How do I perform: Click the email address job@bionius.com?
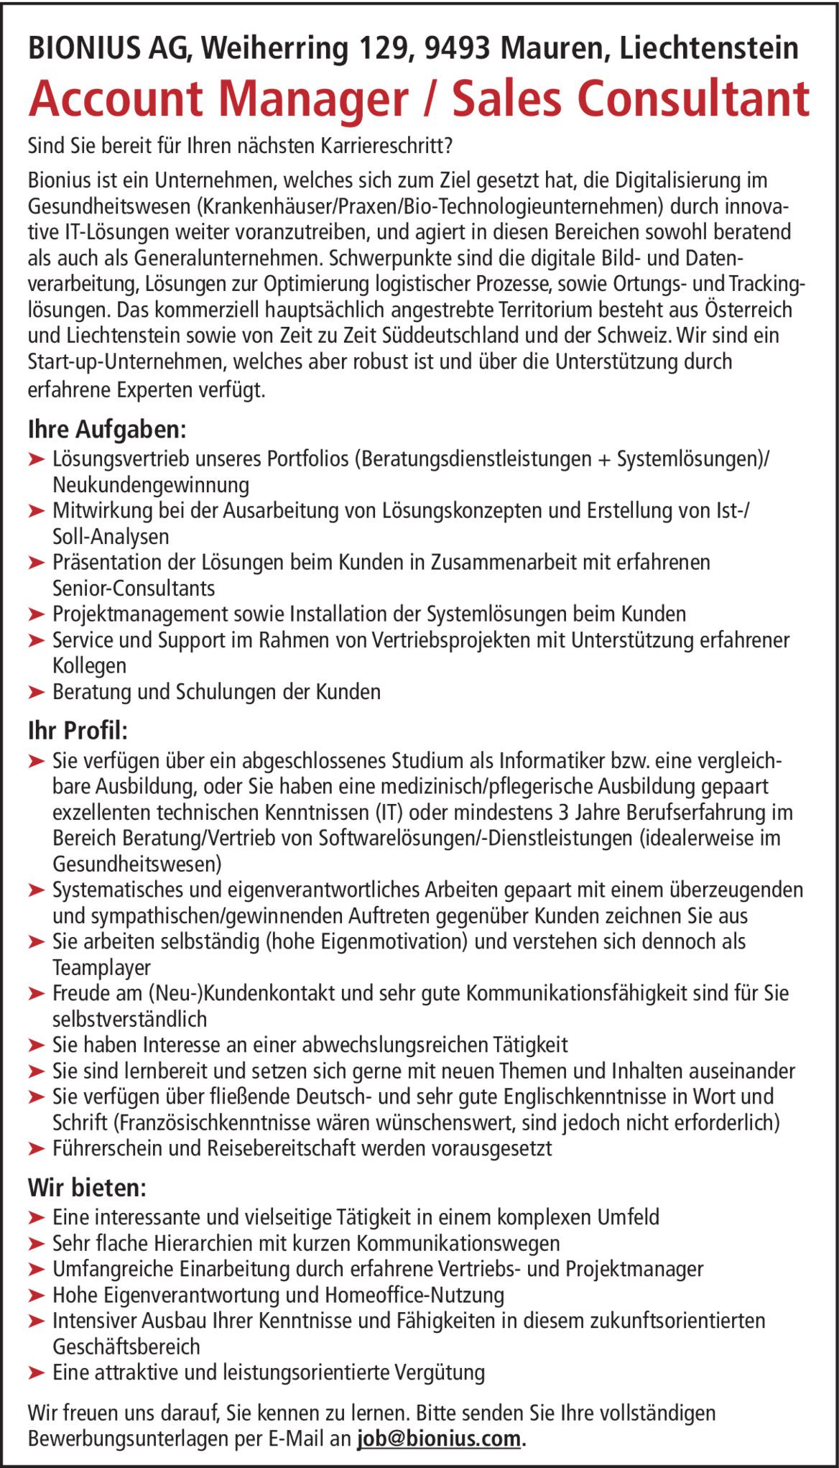pos(438,1439)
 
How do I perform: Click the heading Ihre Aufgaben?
pos(107,430)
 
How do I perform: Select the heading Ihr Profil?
pos(78,731)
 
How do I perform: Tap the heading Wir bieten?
pos(87,1188)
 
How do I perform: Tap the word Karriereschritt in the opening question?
pos(384,147)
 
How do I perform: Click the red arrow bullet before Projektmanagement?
pos(37,614)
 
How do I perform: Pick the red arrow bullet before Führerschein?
pos(37,1149)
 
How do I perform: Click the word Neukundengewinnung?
pos(151,485)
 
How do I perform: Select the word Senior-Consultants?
pos(134,588)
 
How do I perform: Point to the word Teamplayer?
pos(102,968)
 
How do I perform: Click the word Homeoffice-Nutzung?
pos(414,1295)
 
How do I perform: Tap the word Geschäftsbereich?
pos(126,1347)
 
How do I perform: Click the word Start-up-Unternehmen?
pos(126,361)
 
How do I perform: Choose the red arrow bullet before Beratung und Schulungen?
pos(37,692)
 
